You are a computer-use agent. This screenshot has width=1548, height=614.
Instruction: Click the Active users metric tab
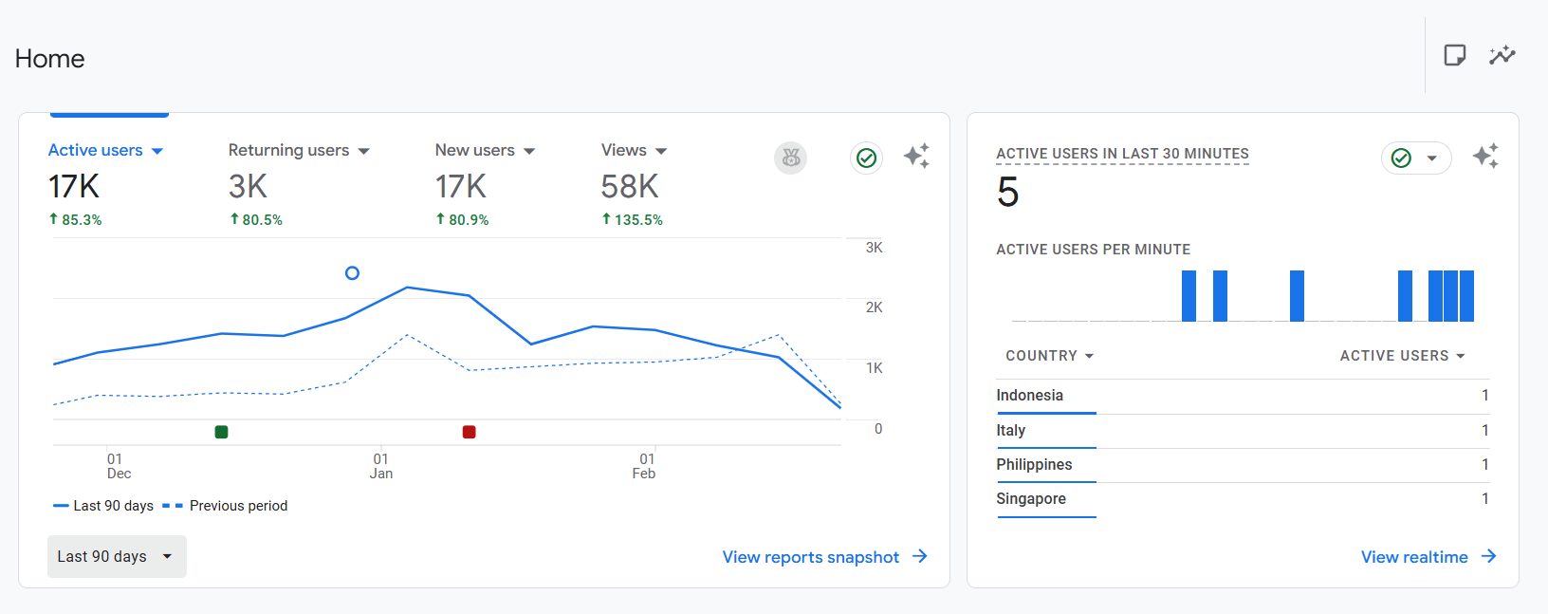105,150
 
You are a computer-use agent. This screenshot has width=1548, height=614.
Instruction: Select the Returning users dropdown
299,150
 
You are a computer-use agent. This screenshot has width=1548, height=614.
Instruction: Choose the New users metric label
475,150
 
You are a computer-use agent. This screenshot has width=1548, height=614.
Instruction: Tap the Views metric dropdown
634,150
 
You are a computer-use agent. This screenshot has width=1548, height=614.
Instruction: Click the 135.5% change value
637,220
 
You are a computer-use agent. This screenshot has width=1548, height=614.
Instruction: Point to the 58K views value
630,187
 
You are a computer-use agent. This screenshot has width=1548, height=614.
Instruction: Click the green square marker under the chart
221,432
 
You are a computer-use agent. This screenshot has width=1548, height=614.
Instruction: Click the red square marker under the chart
470,432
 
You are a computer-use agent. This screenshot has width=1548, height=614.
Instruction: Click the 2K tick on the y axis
874,307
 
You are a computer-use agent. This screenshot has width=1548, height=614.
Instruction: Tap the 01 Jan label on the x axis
380,466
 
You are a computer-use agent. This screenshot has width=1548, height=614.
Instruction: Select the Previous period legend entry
225,506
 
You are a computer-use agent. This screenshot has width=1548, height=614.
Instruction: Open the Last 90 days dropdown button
117,557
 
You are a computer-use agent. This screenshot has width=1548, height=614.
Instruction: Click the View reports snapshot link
824,557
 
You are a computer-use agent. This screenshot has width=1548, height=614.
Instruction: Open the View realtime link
1428,557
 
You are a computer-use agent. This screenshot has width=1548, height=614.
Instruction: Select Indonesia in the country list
1030,396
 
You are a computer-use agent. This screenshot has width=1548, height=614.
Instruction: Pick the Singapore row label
1031,498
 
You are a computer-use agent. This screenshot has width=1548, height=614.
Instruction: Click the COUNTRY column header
1049,356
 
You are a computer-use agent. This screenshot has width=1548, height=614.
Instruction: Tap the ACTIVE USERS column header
1402,356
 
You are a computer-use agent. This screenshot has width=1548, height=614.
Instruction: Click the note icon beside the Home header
1455,55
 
